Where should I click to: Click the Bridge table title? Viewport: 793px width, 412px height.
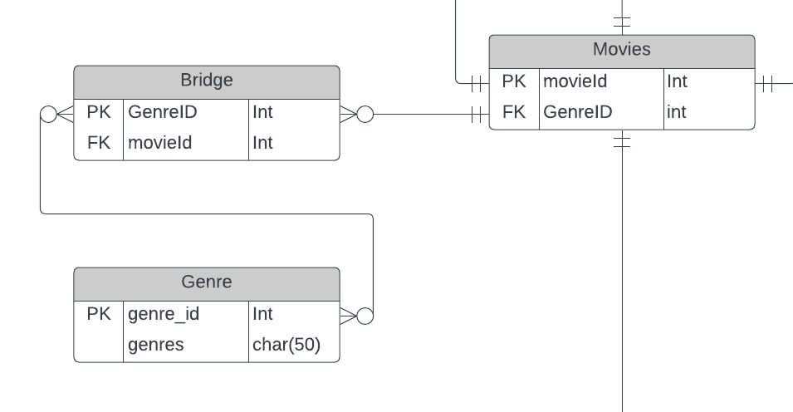point(206,81)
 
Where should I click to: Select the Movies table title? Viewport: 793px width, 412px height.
point(621,50)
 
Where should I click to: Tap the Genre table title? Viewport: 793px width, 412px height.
point(206,282)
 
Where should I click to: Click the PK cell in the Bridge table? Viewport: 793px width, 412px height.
point(99,112)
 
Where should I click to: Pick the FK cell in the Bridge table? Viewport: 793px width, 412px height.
point(99,143)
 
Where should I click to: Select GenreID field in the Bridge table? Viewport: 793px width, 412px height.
point(162,112)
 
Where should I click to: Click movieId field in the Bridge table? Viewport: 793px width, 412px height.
point(159,143)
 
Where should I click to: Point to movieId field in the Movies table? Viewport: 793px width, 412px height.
point(575,81)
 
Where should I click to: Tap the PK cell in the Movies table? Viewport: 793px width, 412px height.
point(514,81)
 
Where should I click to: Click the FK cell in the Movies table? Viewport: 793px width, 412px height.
point(514,112)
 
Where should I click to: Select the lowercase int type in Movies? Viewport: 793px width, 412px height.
point(677,112)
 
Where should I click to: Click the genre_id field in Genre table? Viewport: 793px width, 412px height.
point(164,314)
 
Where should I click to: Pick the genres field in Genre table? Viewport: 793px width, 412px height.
point(156,345)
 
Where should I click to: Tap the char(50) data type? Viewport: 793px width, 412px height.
point(286,345)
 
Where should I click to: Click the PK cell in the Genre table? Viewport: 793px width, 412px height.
point(99,314)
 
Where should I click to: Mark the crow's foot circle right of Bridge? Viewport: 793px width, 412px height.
point(365,115)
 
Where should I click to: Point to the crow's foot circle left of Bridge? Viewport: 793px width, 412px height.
point(48,115)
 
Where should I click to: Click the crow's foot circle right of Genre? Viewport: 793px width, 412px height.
point(365,316)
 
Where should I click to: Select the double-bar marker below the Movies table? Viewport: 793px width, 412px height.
point(622,142)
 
